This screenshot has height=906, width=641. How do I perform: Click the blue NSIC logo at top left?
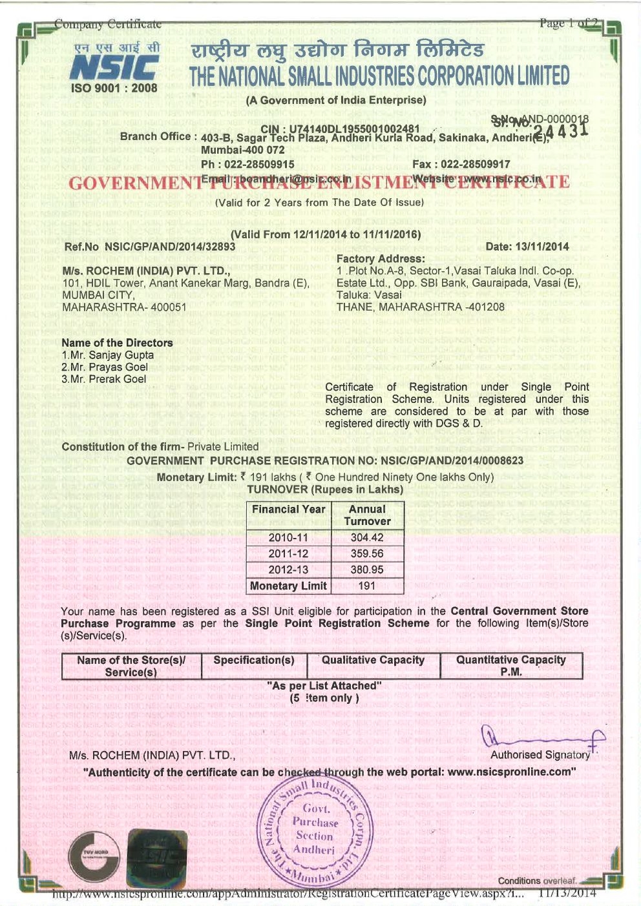click(x=114, y=67)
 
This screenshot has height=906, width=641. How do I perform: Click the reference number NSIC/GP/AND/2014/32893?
click(x=170, y=247)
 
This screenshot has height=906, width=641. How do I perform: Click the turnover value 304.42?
click(x=367, y=537)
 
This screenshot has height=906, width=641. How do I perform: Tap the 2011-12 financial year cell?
click(x=288, y=553)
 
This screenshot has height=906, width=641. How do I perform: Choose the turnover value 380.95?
click(x=367, y=570)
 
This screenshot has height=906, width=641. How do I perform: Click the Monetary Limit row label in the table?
click(x=288, y=586)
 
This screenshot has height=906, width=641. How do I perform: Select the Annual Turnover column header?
click(x=367, y=515)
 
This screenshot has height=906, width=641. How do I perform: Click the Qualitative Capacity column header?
click(x=373, y=660)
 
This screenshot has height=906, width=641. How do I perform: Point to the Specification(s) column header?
click(x=254, y=660)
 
